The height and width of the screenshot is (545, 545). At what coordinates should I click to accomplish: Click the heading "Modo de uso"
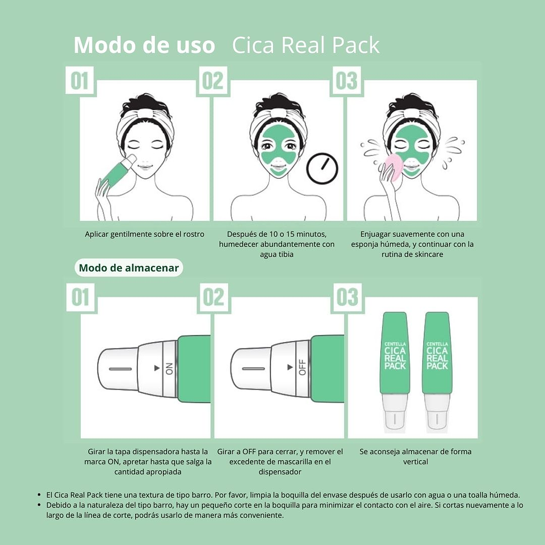pyautogui.click(x=144, y=45)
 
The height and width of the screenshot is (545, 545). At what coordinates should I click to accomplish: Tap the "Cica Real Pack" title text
pyautogui.click(x=305, y=45)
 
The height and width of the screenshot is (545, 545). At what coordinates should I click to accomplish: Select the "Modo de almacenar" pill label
pyautogui.click(x=129, y=268)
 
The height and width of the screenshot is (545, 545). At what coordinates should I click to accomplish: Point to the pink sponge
pyautogui.click(x=394, y=168)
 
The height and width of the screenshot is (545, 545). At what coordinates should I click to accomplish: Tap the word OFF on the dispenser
pyautogui.click(x=302, y=368)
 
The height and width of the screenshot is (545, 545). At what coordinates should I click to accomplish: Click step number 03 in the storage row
pyautogui.click(x=347, y=297)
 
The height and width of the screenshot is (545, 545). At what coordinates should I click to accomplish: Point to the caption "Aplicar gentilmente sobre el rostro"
pyautogui.click(x=144, y=234)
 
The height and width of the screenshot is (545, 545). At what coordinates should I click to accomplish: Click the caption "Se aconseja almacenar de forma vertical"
pyautogui.click(x=416, y=456)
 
